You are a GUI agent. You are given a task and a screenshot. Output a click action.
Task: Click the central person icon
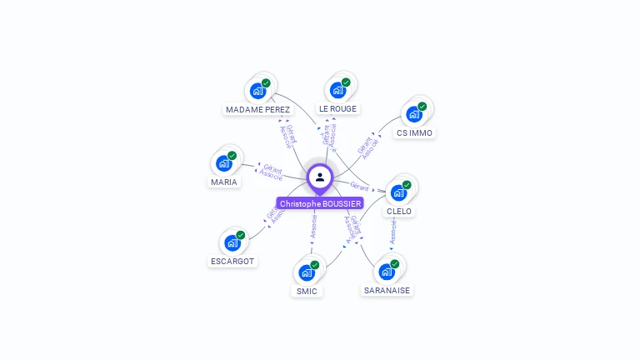pyautogui.click(x=320, y=177)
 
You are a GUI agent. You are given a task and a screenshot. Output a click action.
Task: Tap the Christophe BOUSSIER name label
pyautogui.click(x=321, y=203)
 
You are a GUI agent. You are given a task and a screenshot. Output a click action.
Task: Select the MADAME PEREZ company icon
pyautogui.click(x=258, y=90)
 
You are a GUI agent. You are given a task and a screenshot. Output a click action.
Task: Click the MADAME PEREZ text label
pyautogui.click(x=258, y=109)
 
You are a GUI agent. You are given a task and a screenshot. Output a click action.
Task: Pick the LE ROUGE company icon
pyautogui.click(x=337, y=90)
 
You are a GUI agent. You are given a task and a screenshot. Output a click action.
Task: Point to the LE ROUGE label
pyautogui.click(x=337, y=109)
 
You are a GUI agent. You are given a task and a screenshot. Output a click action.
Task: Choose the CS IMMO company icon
pyautogui.click(x=414, y=113)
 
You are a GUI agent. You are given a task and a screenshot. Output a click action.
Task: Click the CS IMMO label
pyautogui.click(x=415, y=132)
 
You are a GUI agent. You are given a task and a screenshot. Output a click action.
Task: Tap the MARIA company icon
pyautogui.click(x=224, y=162)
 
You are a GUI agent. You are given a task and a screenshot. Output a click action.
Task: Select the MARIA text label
pyautogui.click(x=224, y=182)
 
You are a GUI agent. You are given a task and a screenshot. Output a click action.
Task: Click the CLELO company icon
pyautogui.click(x=398, y=192)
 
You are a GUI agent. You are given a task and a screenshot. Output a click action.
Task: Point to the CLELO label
pyautogui.click(x=399, y=212)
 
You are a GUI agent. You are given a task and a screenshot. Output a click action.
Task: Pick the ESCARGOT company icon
pyautogui.click(x=232, y=242)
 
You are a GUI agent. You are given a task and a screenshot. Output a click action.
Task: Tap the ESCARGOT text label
pyautogui.click(x=233, y=262)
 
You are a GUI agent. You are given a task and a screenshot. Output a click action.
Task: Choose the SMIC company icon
pyautogui.click(x=307, y=272)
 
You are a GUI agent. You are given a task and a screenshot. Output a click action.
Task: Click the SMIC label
pyautogui.click(x=307, y=291)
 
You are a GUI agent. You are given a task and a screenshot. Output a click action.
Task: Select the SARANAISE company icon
pyautogui.click(x=387, y=271)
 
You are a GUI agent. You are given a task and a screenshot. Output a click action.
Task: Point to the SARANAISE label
pyautogui.click(x=387, y=290)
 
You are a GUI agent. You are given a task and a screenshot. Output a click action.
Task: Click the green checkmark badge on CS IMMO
pyautogui.click(x=422, y=106)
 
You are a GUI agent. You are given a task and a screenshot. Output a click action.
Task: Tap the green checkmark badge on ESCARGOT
pyautogui.click(x=241, y=235)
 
